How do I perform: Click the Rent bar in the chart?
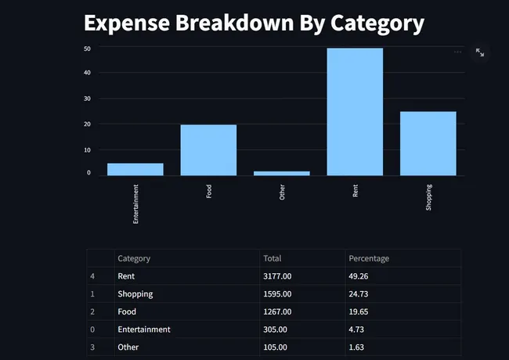[355, 112]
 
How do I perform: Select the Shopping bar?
[428, 143]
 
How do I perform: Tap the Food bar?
[208, 149]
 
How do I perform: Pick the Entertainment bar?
[135, 169]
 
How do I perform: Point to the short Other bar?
[282, 173]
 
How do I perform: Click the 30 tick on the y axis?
[88, 99]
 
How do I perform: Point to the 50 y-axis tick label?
[88, 49]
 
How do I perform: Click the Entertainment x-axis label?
[135, 203]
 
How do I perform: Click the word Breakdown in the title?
[236, 23]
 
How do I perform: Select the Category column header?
[134, 258]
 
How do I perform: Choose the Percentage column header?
[369, 258]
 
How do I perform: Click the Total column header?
[273, 258]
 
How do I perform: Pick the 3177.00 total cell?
[277, 276]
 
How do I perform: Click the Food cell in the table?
[127, 311]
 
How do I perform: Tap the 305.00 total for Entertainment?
[275, 329]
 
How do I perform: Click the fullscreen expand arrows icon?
[480, 52]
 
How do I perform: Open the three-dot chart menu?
[458, 52]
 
